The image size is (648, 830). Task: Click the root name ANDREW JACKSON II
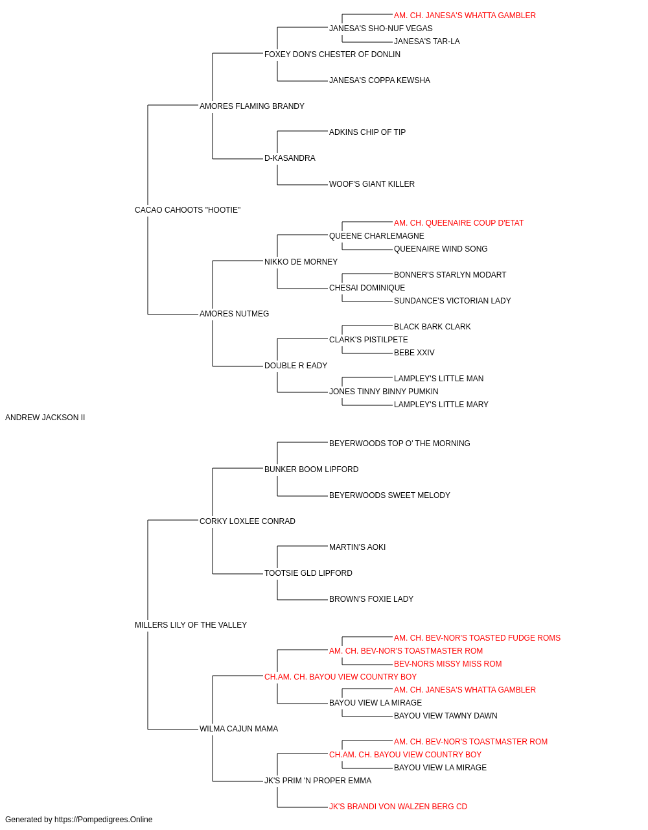pos(45,418)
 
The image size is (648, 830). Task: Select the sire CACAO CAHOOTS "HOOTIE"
pos(187,210)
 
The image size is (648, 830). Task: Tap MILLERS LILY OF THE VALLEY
pos(191,625)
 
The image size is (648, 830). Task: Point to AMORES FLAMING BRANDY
pos(252,106)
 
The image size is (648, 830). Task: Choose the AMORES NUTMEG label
pos(235,314)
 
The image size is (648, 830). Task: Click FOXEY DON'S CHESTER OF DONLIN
pos(332,54)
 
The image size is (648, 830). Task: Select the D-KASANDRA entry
pos(290,158)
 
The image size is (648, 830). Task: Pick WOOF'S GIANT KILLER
pos(372,184)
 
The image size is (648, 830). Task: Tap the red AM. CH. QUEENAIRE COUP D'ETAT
pos(459,223)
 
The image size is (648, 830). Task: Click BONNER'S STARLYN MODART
pos(450,275)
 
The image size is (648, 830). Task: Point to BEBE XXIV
pos(414,353)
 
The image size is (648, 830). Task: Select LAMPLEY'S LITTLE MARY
pos(441,405)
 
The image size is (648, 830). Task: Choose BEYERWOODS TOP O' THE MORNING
pos(400,444)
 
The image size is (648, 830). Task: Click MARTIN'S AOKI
pos(357,547)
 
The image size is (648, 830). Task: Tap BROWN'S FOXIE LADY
pos(371,599)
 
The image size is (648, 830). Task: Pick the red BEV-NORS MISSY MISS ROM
pos(448,664)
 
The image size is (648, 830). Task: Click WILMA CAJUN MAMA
pos(239,729)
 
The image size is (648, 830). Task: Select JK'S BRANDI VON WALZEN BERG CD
pos(398,807)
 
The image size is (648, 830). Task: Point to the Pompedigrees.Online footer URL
pos(104,820)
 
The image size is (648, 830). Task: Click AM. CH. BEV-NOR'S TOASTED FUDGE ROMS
pos(477,638)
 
